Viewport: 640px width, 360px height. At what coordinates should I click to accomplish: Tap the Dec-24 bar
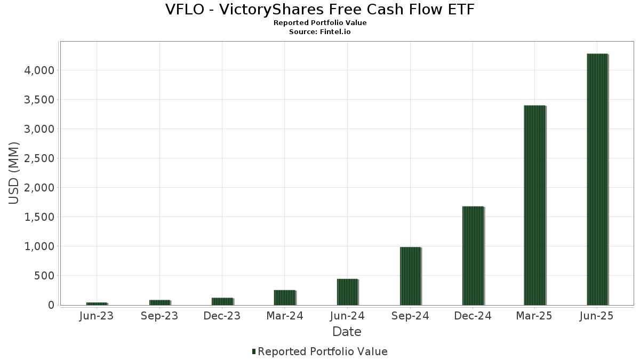pyautogui.click(x=473, y=255)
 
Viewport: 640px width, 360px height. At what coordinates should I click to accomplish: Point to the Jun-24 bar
pyautogui.click(x=347, y=292)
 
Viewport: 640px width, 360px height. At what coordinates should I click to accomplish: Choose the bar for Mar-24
pyautogui.click(x=285, y=298)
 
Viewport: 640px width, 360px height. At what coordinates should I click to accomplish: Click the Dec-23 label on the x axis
pyautogui.click(x=222, y=316)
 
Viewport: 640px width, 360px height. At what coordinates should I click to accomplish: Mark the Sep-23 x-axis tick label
pyautogui.click(x=159, y=316)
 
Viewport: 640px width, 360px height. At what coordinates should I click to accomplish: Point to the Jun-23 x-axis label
pyautogui.click(x=97, y=316)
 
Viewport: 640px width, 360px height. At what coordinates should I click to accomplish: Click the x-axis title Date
pyautogui.click(x=347, y=332)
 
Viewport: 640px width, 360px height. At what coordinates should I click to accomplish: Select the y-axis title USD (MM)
pyautogui.click(x=14, y=173)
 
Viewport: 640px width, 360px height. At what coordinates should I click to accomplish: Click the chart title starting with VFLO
pyautogui.click(x=320, y=10)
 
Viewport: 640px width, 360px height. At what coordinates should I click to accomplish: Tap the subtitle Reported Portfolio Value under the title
pyautogui.click(x=320, y=23)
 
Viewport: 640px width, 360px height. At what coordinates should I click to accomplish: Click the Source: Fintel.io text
pyautogui.click(x=320, y=32)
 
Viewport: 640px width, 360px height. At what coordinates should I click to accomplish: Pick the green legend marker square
pyautogui.click(x=254, y=351)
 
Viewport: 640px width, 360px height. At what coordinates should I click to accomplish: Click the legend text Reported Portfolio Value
pyautogui.click(x=323, y=351)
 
